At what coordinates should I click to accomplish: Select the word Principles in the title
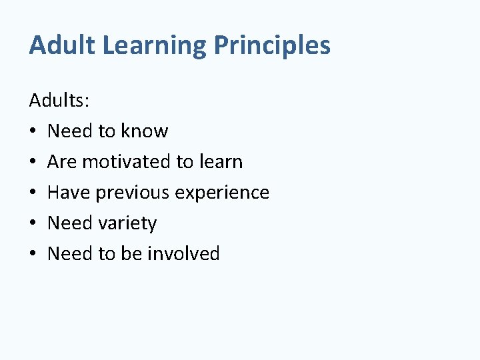(x=272, y=45)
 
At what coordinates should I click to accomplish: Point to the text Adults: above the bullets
(x=60, y=101)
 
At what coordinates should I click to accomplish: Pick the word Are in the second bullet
(x=62, y=162)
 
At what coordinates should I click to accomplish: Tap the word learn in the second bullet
(x=219, y=162)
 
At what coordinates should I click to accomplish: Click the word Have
(x=69, y=193)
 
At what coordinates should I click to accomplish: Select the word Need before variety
(x=70, y=223)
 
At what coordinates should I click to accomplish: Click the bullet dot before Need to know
(x=33, y=132)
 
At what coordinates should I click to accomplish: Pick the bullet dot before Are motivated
(x=33, y=163)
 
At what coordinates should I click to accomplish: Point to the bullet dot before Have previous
(x=33, y=193)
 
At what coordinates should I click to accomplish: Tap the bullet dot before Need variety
(x=33, y=224)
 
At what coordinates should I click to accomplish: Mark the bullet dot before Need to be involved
(x=33, y=255)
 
